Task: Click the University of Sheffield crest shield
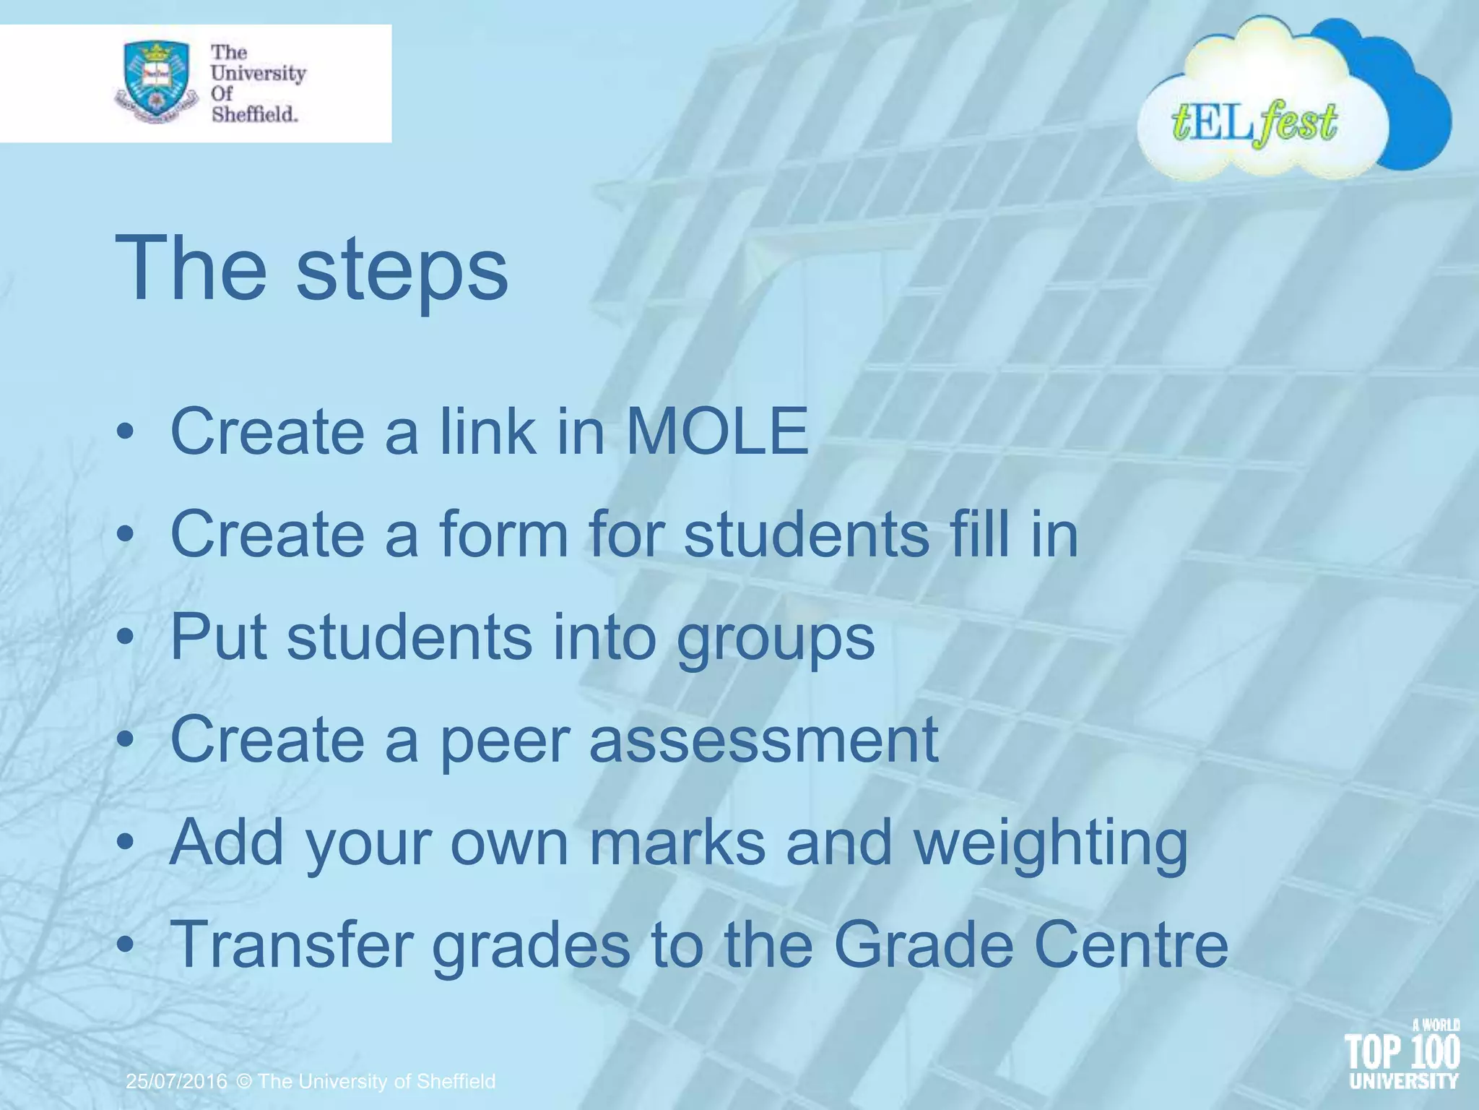156,81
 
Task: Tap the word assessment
763,740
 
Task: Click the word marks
677,843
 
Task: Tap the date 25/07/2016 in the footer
177,1081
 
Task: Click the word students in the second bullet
806,534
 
